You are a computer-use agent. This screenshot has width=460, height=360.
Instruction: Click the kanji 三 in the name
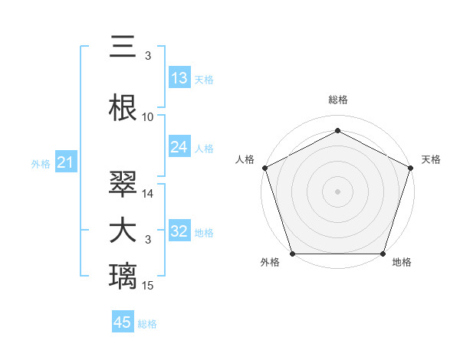pyautogui.click(x=123, y=48)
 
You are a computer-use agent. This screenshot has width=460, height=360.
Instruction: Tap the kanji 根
pyautogui.click(x=123, y=108)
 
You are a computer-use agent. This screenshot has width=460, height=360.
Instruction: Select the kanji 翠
pyautogui.click(x=123, y=185)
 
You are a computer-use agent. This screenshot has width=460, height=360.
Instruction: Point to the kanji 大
pyautogui.click(x=123, y=231)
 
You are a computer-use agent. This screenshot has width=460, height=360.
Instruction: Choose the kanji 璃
pyautogui.click(x=123, y=275)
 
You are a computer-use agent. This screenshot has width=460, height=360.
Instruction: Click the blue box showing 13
pyautogui.click(x=179, y=78)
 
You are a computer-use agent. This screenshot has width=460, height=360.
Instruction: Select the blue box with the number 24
pyautogui.click(x=179, y=147)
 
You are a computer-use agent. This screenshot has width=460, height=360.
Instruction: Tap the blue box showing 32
pyautogui.click(x=179, y=231)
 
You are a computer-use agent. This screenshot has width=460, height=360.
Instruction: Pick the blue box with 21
pyautogui.click(x=65, y=162)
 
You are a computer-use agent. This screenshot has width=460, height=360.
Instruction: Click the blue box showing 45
pyautogui.click(x=123, y=322)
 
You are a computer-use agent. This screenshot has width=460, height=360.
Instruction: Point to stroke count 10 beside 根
pyautogui.click(x=148, y=117)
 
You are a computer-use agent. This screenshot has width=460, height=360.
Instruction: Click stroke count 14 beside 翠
pyautogui.click(x=148, y=194)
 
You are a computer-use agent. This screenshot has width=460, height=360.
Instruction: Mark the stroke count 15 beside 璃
pyautogui.click(x=148, y=286)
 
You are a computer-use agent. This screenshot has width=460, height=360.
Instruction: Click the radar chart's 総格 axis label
pyautogui.click(x=337, y=100)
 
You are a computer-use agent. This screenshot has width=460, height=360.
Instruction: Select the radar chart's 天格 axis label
pyautogui.click(x=431, y=159)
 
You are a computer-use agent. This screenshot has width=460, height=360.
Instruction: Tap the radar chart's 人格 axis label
pyautogui.click(x=245, y=159)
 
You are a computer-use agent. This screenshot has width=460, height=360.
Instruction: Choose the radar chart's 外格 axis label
pyautogui.click(x=270, y=263)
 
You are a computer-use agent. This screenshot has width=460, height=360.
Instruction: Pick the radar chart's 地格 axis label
pyautogui.click(x=402, y=263)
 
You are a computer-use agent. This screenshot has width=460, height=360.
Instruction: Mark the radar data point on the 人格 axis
pyautogui.click(x=264, y=168)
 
